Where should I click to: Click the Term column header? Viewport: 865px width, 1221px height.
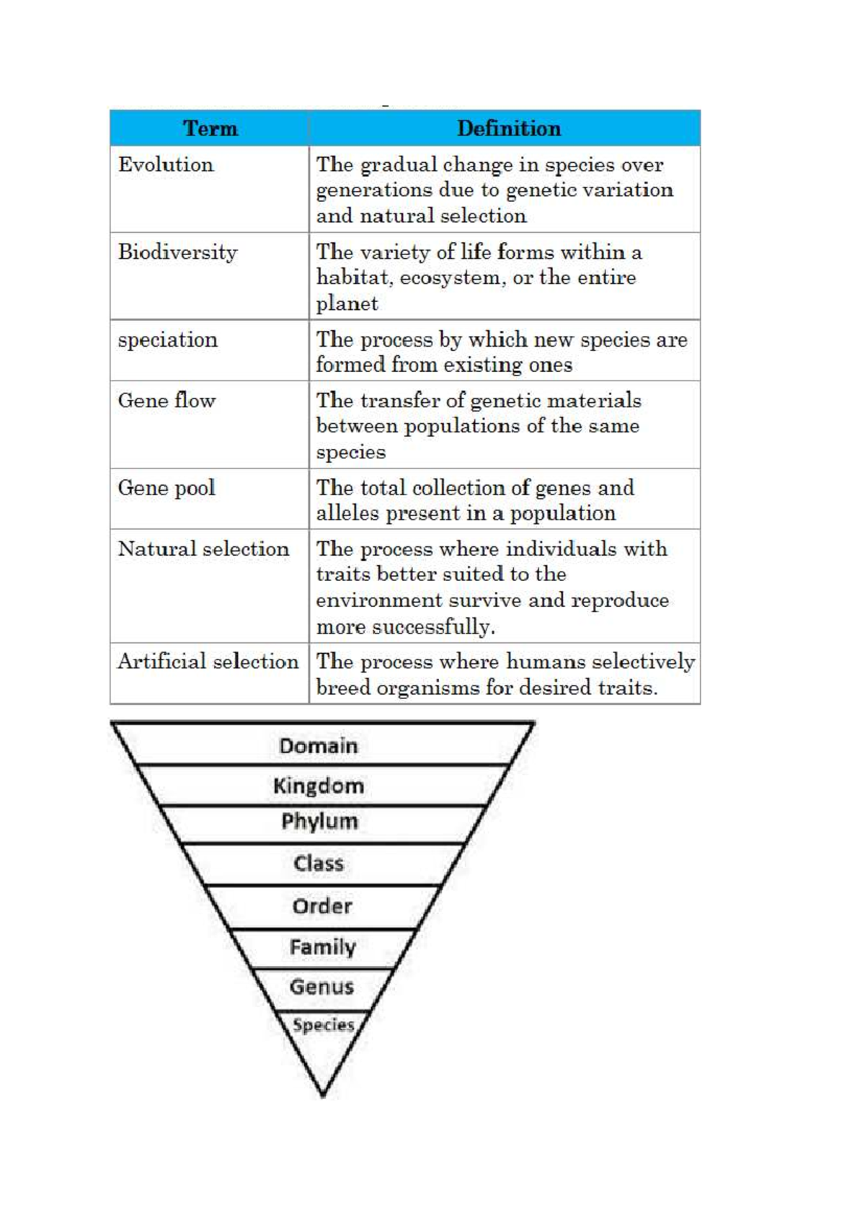pos(210,128)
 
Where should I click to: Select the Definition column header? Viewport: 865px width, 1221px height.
pos(508,128)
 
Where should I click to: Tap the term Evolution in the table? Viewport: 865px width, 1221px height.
pos(166,164)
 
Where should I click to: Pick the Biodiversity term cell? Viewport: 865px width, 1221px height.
pos(178,252)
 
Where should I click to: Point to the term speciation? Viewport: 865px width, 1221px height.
pos(168,340)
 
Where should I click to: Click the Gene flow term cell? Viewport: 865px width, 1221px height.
pos(167,401)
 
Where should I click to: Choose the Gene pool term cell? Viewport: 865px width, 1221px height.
pos(167,488)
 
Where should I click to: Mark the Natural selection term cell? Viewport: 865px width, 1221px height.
pos(203,549)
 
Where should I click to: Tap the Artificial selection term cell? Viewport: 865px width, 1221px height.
pos(208,662)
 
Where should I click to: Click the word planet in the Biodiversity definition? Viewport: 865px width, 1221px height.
pos(347,304)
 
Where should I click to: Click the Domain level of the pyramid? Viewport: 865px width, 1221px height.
pos(319,746)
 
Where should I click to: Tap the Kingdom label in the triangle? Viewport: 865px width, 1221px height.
pos(319,786)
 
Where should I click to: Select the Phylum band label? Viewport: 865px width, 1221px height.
pos(319,822)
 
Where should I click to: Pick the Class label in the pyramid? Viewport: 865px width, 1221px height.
pos(319,863)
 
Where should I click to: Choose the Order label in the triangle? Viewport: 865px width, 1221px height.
pos(322,906)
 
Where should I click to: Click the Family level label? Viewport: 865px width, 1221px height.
pos(323,947)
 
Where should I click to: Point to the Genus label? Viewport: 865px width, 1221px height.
pos(321,987)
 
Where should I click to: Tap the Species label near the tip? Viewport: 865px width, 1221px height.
pos(324,1025)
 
